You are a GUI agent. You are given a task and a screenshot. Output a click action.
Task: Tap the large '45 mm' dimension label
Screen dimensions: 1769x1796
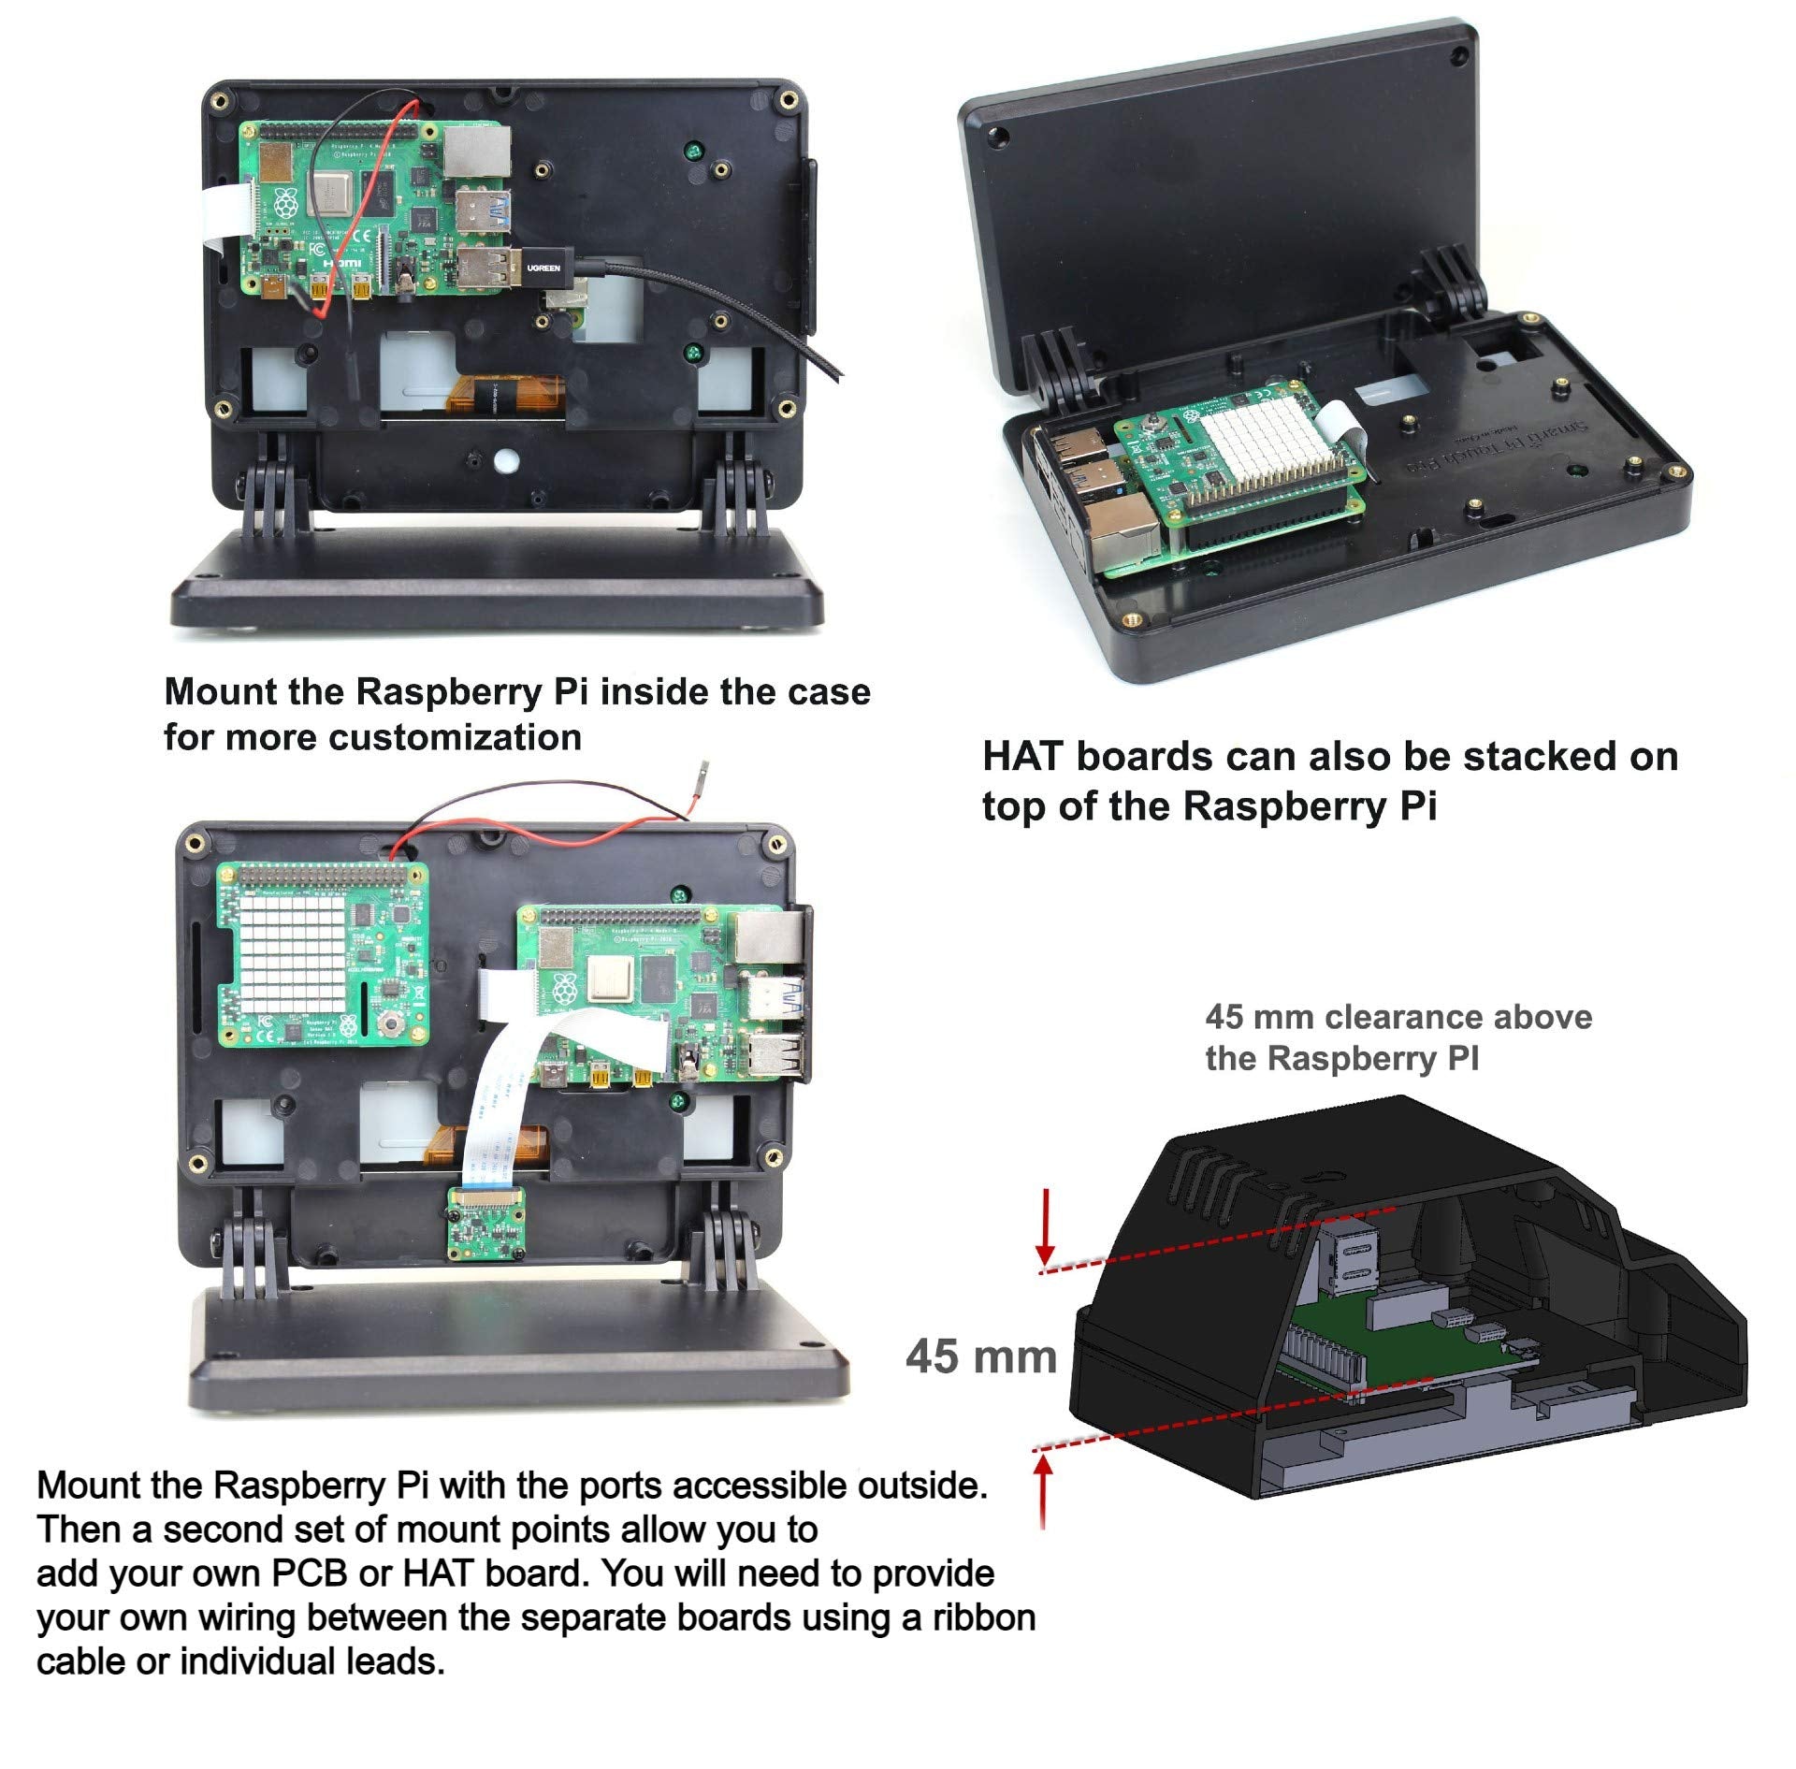pyautogui.click(x=980, y=1356)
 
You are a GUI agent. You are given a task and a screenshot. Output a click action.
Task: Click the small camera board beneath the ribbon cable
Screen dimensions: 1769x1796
pyautogui.click(x=486, y=1222)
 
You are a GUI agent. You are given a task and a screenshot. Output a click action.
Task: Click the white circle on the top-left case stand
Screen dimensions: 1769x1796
pyautogui.click(x=506, y=460)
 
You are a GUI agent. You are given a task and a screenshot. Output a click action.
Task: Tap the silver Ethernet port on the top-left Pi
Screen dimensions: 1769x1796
pyautogui.click(x=478, y=152)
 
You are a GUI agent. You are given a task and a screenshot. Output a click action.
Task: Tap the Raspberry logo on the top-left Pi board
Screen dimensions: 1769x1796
pyautogui.click(x=285, y=203)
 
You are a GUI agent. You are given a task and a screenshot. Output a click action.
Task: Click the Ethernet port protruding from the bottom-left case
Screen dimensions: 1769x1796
pyautogui.click(x=770, y=935)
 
